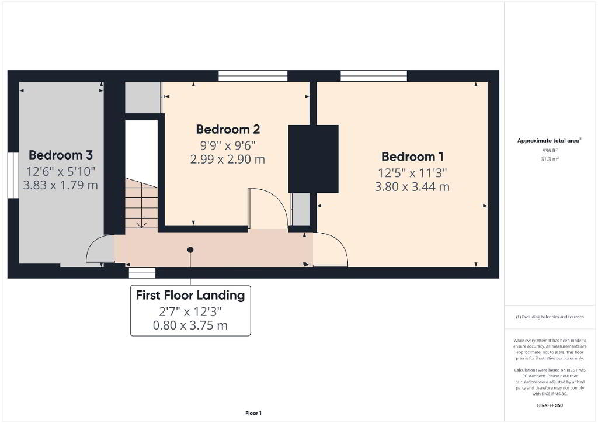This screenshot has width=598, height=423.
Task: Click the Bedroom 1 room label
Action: pyautogui.click(x=412, y=157)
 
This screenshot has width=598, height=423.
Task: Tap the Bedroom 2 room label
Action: pyautogui.click(x=228, y=129)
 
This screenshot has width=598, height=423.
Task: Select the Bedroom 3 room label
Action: pyautogui.click(x=61, y=155)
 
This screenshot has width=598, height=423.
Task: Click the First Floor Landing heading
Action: pyautogui.click(x=190, y=295)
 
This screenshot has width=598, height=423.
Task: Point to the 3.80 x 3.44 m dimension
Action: pyautogui.click(x=412, y=187)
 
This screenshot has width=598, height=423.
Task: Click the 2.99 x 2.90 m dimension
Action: pyautogui.click(x=228, y=159)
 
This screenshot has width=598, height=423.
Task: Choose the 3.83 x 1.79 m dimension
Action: pyautogui.click(x=61, y=185)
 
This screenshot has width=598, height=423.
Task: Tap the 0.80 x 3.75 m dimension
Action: pyautogui.click(x=190, y=325)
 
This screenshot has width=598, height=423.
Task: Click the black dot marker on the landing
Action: pyautogui.click(x=190, y=250)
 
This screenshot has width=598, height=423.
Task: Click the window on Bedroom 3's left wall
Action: pyautogui.click(x=13, y=175)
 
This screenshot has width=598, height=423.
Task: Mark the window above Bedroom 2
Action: pyautogui.click(x=253, y=76)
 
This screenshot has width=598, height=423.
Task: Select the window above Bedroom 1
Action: pyautogui.click(x=374, y=76)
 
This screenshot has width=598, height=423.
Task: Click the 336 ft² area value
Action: pyautogui.click(x=550, y=151)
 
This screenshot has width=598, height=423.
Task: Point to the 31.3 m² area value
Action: pyautogui.click(x=550, y=159)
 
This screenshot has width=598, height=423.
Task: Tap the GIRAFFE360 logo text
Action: pyautogui.click(x=550, y=405)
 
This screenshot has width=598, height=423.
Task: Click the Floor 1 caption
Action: pyautogui.click(x=253, y=413)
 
